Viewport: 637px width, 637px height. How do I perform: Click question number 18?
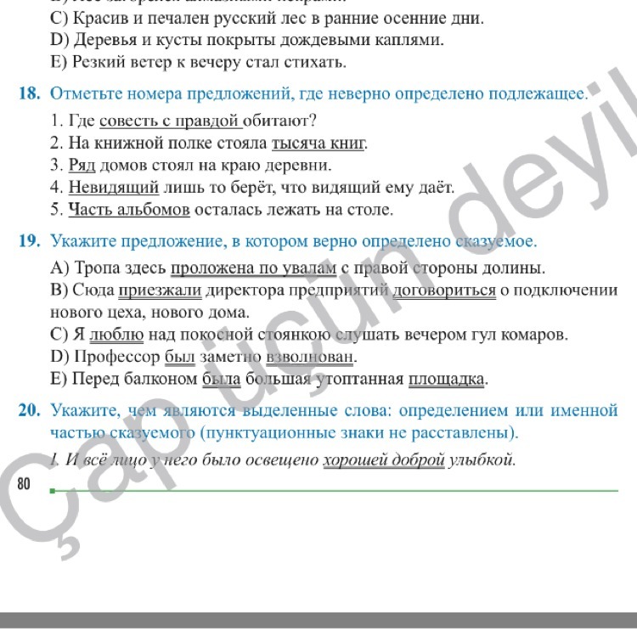29,93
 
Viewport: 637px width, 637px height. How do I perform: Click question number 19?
30,241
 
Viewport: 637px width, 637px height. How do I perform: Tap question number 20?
30,411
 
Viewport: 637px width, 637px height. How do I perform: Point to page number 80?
23,485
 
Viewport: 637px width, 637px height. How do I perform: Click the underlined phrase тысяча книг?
318,143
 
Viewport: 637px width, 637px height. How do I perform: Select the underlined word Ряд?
82,165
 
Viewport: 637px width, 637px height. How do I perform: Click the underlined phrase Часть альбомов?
129,209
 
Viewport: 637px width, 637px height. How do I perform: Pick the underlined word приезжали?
160,290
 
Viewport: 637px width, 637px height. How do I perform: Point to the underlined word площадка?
448,379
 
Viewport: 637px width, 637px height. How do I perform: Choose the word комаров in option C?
537,335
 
